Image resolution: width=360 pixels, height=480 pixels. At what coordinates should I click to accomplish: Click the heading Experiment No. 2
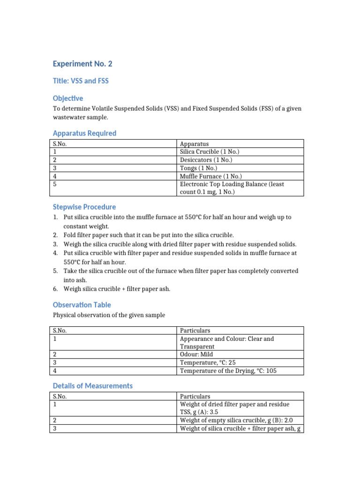pos(82,64)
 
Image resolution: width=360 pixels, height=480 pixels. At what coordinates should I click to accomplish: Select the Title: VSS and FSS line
pos(81,81)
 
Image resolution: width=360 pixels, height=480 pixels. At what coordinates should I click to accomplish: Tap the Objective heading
pos(68,98)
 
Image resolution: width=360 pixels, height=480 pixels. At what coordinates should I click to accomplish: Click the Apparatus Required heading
pos(84,133)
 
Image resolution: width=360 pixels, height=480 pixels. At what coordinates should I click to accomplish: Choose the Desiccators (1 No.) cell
pos(206,160)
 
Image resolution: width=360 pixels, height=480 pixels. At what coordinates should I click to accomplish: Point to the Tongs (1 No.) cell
pos(198,168)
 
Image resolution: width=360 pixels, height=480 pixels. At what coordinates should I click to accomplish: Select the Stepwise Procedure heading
pos(84,207)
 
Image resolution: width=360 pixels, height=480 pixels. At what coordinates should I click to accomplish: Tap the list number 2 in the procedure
pos(55,235)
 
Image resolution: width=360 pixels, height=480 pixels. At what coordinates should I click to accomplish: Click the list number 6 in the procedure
pos(55,289)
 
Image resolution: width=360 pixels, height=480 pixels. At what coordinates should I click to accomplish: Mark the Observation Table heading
pos(82,305)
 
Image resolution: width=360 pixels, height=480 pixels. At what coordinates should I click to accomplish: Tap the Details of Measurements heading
pos(93,386)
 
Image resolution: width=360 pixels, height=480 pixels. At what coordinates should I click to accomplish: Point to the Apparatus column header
pos(194,144)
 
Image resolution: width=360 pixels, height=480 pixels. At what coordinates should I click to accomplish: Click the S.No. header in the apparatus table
pos(60,144)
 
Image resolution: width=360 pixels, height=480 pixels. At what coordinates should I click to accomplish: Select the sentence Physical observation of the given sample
pos(109,315)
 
